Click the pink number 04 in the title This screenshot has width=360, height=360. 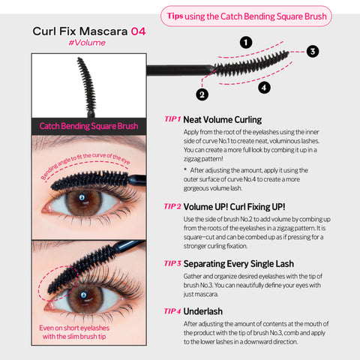(x=138, y=31)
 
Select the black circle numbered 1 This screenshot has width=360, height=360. (x=246, y=43)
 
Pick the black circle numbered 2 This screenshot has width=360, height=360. (x=202, y=94)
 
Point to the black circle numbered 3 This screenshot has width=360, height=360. (x=312, y=51)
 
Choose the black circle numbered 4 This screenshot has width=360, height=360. (x=263, y=88)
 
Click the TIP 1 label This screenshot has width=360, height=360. (x=172, y=119)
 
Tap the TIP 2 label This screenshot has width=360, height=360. (x=172, y=206)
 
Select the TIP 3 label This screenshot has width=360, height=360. (x=172, y=263)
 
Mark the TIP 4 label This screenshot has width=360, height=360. (x=172, y=310)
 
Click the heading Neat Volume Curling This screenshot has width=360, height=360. (x=222, y=119)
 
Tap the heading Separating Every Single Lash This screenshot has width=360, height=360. (x=238, y=263)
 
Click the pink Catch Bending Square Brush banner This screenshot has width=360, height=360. (x=88, y=126)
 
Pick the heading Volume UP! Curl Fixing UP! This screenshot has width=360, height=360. (x=234, y=206)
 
